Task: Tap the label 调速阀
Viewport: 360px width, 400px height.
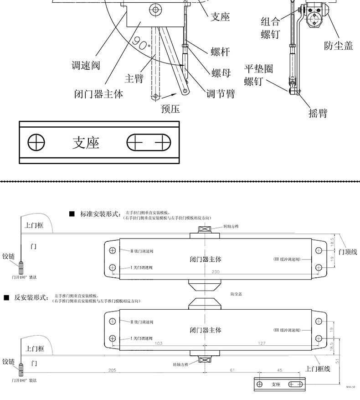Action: tap(86, 65)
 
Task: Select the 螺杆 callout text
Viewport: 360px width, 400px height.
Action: tap(220, 52)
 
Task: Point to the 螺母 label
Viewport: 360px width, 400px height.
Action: tap(221, 73)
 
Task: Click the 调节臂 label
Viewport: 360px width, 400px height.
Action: tap(221, 94)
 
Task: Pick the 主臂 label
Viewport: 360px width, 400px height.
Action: tap(134, 78)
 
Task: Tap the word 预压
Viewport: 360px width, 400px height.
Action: tap(170, 109)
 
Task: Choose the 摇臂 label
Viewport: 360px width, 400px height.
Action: tap(318, 113)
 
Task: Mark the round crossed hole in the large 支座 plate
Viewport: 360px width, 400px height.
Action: tap(37, 143)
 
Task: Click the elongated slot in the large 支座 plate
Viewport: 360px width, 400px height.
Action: tap(149, 143)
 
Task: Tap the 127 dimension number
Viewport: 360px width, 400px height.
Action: tap(261, 343)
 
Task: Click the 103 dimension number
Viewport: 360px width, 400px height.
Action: tap(159, 343)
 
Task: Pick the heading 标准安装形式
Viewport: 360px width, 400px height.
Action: tap(100, 213)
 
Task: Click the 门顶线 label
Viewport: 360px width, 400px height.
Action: tap(348, 252)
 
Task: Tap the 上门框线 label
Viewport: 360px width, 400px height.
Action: tap(318, 369)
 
